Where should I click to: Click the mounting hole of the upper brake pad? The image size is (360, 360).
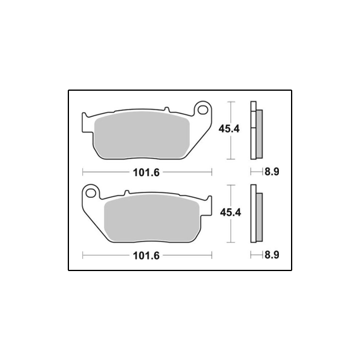click(x=203, y=110)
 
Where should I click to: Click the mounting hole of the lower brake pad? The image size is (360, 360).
click(x=91, y=193)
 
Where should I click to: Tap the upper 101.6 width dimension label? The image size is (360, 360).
click(x=146, y=172)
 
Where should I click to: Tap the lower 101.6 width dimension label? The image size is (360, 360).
click(x=146, y=256)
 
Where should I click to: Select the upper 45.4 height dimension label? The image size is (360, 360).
click(x=229, y=129)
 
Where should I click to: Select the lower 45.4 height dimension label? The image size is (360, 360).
click(x=231, y=212)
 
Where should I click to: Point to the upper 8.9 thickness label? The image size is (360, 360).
click(x=272, y=172)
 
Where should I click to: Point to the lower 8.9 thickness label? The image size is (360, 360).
click(x=272, y=255)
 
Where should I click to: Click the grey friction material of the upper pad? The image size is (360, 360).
click(x=142, y=135)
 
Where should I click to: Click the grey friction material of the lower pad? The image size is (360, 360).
click(x=151, y=218)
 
